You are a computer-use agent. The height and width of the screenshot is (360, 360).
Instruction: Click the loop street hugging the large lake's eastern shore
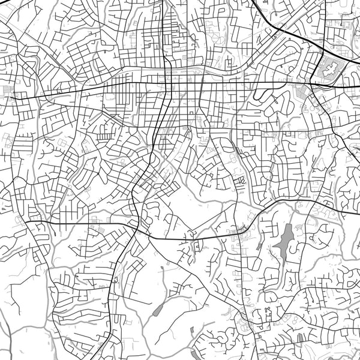[300, 240]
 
